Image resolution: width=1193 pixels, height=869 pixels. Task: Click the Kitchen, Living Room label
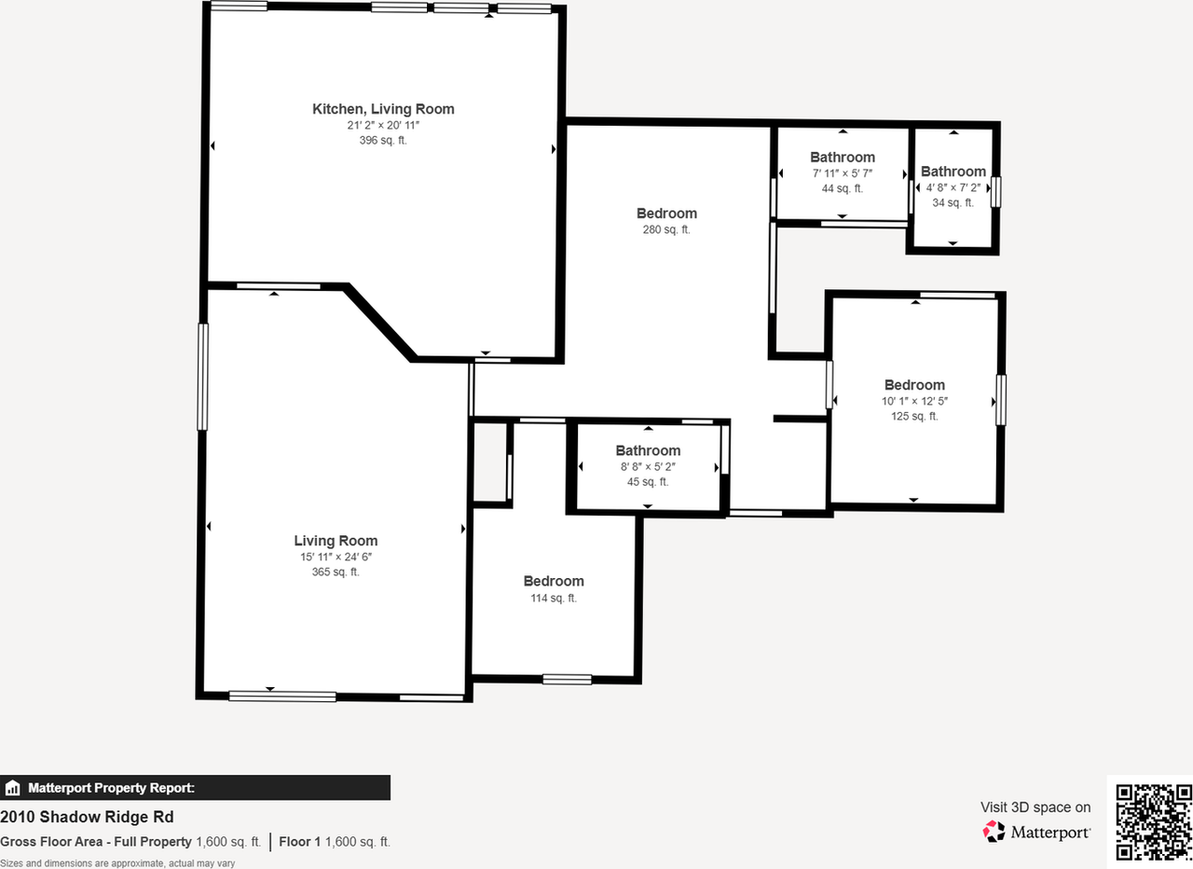(x=383, y=109)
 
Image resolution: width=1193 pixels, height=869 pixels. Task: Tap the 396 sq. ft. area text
(x=383, y=141)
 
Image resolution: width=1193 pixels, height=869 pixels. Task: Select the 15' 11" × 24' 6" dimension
(x=336, y=557)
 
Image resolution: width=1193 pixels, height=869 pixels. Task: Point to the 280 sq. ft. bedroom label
(x=665, y=229)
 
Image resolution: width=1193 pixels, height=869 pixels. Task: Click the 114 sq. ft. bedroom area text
(x=554, y=598)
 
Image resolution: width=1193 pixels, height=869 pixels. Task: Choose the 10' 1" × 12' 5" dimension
(x=914, y=401)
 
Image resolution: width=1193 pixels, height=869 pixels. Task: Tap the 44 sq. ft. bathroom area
(x=842, y=188)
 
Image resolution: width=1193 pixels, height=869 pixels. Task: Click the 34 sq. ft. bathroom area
(x=953, y=202)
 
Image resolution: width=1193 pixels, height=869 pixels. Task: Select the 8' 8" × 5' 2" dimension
(x=648, y=466)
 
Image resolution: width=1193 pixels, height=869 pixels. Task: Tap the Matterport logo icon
(x=994, y=831)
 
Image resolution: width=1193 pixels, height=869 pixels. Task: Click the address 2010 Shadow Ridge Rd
(x=87, y=817)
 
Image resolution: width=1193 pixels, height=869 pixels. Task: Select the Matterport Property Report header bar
(x=195, y=788)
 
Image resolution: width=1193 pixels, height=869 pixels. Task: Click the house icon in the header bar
(x=12, y=788)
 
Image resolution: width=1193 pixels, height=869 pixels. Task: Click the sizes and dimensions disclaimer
(x=117, y=863)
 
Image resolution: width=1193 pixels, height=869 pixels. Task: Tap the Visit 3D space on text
(x=1035, y=807)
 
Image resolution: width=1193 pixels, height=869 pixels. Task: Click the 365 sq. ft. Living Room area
(x=336, y=572)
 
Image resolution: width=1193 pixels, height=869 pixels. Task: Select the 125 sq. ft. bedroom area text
(x=914, y=417)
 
